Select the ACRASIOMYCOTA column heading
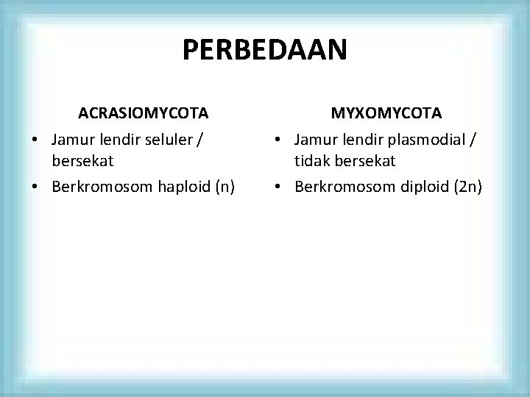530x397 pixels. [144, 113]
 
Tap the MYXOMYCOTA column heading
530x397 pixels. [386, 113]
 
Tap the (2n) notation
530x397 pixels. [468, 186]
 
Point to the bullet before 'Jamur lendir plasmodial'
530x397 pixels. [277, 140]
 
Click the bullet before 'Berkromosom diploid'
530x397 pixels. [277, 187]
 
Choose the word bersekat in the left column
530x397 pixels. [82, 160]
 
